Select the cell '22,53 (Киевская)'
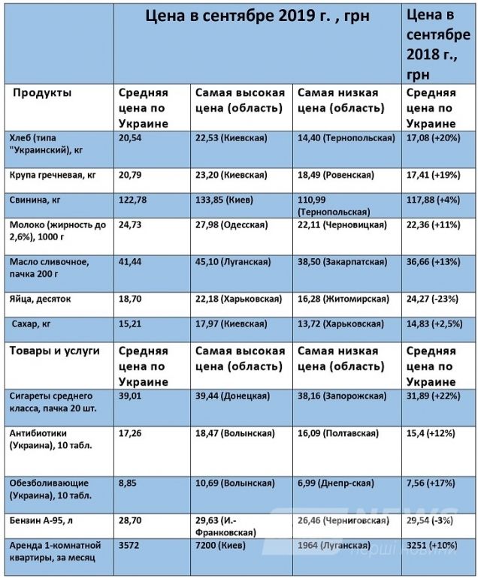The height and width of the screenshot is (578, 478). pos(232,138)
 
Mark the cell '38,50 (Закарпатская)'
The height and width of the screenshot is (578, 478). pos(342,261)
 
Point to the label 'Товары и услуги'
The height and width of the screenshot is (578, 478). pos(53,351)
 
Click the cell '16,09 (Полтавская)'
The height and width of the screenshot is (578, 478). pos(339,433)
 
